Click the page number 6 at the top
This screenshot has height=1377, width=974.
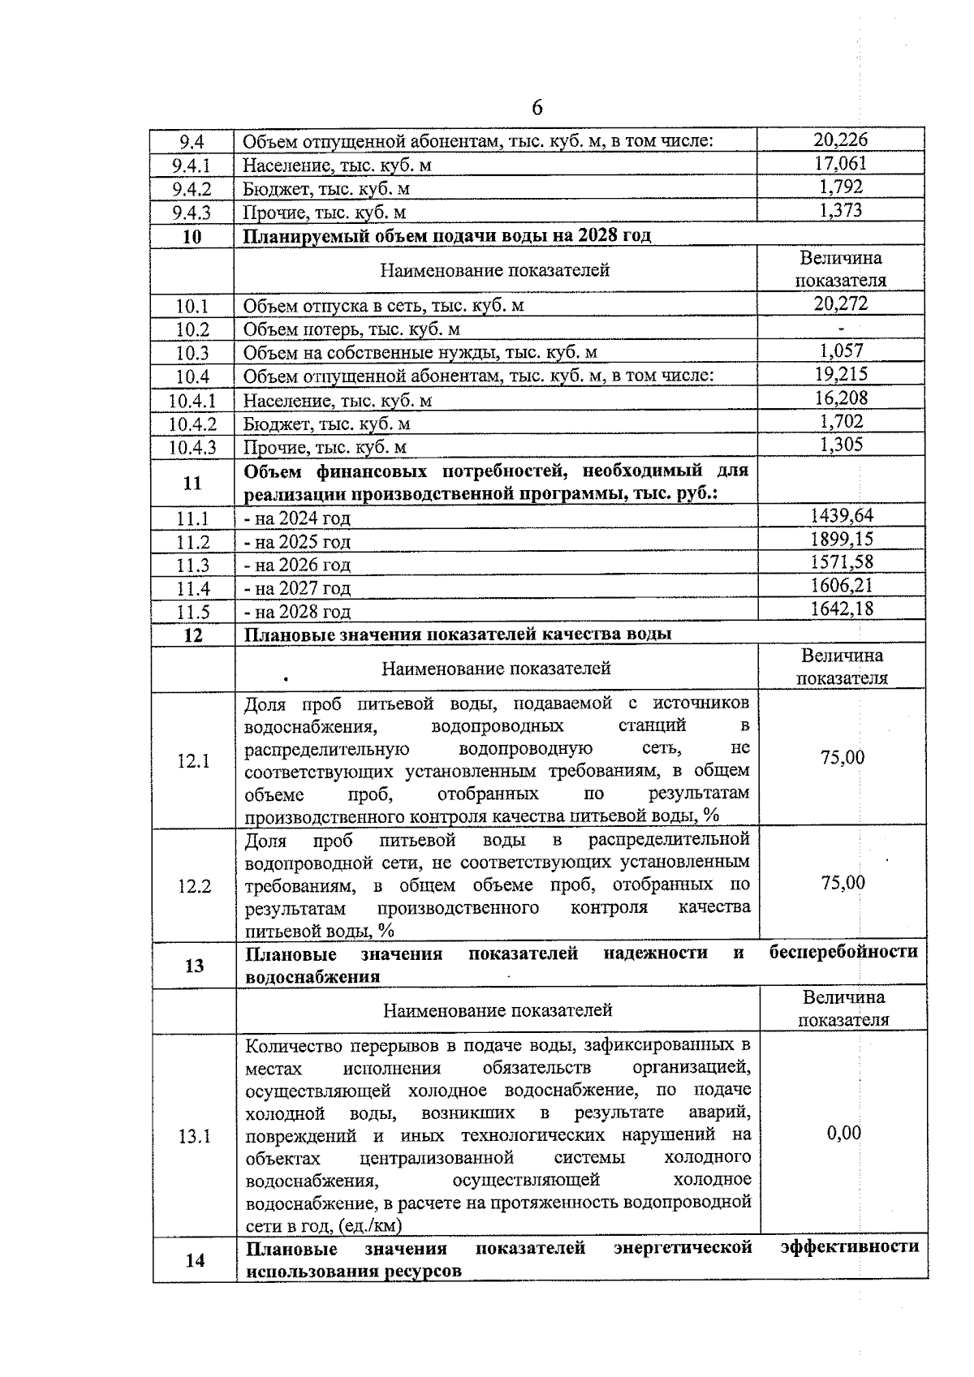pos(537,108)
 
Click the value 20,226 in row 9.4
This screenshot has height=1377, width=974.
pos(840,140)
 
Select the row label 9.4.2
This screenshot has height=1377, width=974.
pos(192,189)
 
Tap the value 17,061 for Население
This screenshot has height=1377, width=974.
pos(840,163)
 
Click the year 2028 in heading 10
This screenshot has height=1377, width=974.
pos(599,235)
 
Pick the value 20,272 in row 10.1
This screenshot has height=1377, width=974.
pos(840,304)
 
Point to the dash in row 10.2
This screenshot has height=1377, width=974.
pos(841,329)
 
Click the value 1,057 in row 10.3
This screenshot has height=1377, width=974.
pos(841,351)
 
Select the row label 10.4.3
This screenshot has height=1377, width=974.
pos(192,447)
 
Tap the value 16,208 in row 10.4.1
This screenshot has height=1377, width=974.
pos(841,398)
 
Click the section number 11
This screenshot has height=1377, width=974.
pos(192,483)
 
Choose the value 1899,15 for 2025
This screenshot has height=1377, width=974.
pos(842,539)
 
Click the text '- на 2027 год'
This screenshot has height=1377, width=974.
pos(298,587)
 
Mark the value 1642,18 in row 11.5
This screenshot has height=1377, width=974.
pos(842,609)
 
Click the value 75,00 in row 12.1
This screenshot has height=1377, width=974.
pos(843,758)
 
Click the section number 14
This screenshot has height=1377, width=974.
pos(195,1260)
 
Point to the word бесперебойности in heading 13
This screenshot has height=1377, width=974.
pos(843,952)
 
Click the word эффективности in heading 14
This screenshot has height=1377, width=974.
pos(850,1246)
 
